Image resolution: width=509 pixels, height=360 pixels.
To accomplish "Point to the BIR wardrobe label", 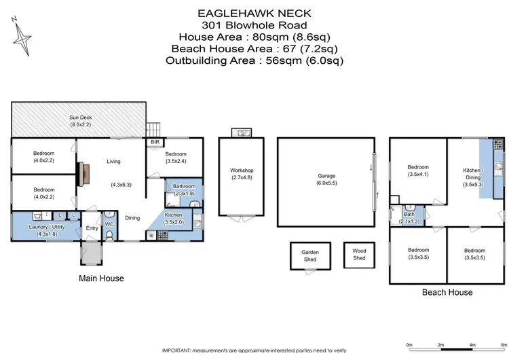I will point(155,143).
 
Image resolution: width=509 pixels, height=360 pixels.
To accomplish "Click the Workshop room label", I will point(241,170).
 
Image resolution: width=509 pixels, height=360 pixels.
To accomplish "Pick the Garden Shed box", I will point(309,256).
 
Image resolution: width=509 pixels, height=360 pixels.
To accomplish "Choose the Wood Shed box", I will point(359,255).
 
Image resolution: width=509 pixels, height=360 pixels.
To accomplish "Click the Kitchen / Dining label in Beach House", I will point(472,174).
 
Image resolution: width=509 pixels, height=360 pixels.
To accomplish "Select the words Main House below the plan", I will point(101,278).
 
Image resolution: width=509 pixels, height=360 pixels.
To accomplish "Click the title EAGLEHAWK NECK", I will point(254,12).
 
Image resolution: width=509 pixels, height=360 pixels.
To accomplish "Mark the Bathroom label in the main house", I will point(184,186).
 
